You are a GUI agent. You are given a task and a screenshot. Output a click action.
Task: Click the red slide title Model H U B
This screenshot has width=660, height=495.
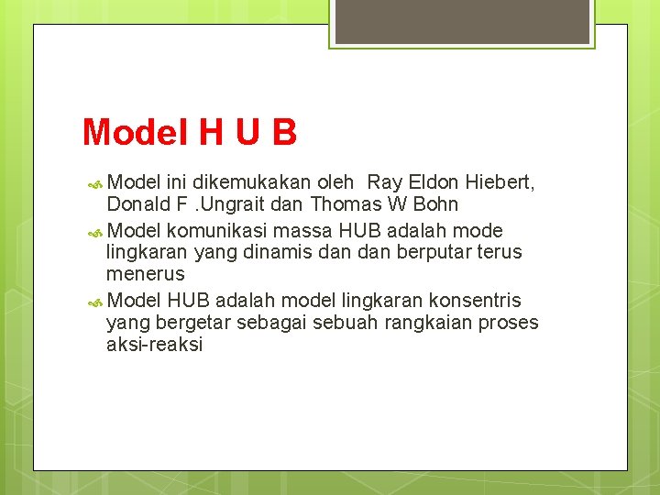click(x=190, y=133)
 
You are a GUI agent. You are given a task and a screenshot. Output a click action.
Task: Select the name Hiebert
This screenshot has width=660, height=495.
click(x=500, y=182)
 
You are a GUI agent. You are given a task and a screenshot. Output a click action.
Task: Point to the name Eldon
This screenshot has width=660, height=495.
click(x=432, y=182)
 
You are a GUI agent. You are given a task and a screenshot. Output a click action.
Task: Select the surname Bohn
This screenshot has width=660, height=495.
click(x=434, y=203)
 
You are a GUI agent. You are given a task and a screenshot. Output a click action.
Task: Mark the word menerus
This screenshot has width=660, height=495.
click(x=145, y=274)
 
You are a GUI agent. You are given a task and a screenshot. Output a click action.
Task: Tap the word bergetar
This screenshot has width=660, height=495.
click(x=195, y=323)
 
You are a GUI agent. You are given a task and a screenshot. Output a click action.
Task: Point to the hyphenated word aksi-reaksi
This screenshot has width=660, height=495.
click(x=154, y=345)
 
